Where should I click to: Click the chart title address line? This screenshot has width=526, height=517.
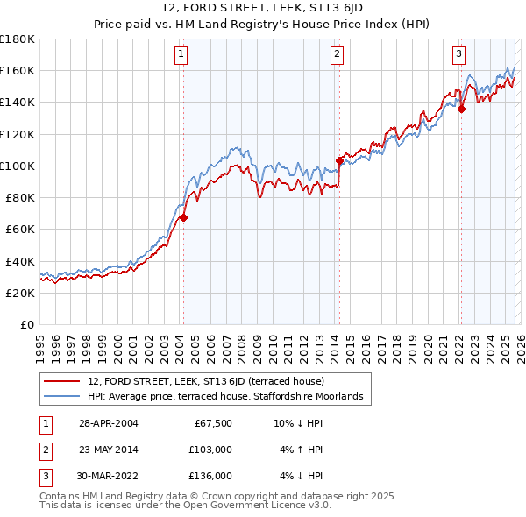[263, 8]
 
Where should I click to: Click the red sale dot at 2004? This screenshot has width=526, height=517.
[184, 218]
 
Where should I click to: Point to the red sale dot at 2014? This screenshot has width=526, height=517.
[339, 160]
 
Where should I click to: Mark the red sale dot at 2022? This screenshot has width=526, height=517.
[461, 109]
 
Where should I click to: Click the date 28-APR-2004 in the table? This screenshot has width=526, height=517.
[108, 423]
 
